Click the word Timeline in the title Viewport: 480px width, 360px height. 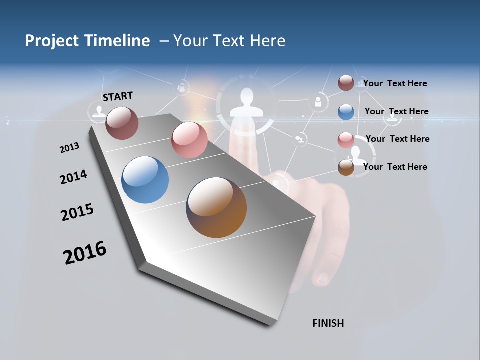pos(118,41)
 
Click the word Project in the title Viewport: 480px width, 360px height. pos(52,41)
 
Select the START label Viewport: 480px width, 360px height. pos(118,96)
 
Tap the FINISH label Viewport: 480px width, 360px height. pos(328,323)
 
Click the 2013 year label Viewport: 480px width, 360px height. pos(69,148)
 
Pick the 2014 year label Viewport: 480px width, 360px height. pos(73,177)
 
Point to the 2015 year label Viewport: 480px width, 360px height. pos(77,212)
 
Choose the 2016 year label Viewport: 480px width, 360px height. pos(85,252)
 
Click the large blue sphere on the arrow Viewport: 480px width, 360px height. pos(145,180)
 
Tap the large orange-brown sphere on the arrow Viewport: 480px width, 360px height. pos(216,207)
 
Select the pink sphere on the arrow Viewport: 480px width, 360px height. pos(189,139)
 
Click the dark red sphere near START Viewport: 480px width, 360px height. pos(122,123)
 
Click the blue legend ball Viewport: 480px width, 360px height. pos(346,112)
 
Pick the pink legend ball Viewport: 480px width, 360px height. pos(346,140)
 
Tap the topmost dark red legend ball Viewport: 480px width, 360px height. pos(346,83)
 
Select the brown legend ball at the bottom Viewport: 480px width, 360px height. pos(346,168)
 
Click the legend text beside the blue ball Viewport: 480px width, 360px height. pos(396,111)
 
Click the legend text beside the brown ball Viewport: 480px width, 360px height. pos(395,167)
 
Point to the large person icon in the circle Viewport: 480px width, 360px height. pos(246,103)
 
